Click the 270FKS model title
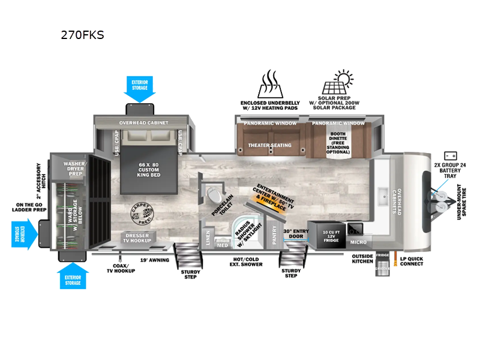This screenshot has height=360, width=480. tap(82, 35)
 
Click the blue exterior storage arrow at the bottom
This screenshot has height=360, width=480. tap(73, 277)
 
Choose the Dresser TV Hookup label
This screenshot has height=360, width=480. tap(137, 237)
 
